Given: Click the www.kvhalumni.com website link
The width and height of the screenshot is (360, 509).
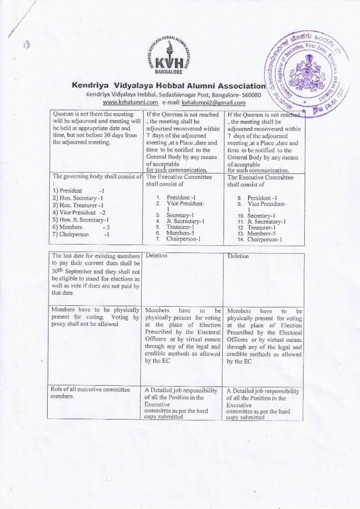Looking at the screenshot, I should [130, 102].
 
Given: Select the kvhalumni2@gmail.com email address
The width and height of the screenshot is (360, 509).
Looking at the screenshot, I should [214, 102].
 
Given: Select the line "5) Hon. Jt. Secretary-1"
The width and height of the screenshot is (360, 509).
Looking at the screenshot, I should [81, 219].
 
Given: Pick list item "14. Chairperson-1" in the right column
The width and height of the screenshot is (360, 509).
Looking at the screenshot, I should [259, 239].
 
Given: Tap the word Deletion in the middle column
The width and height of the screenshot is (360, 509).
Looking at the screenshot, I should [156, 255].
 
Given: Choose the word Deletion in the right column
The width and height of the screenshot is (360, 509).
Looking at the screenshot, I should [238, 256].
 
